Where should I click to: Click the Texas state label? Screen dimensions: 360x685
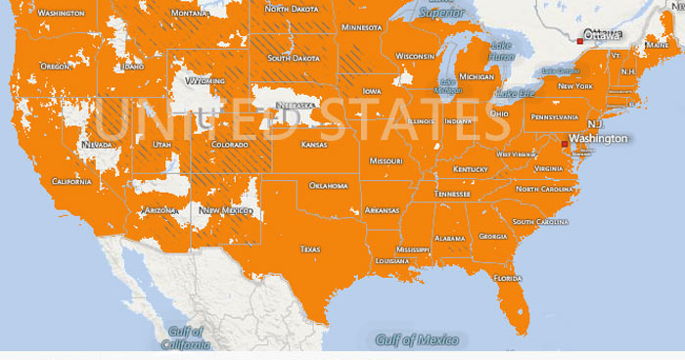point(310,248)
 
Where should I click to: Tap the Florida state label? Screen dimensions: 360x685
point(508,278)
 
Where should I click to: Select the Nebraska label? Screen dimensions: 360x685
point(295,106)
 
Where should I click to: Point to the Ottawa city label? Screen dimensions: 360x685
point(603,35)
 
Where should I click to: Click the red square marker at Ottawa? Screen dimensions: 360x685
point(580,41)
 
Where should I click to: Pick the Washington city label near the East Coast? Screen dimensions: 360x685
point(598,139)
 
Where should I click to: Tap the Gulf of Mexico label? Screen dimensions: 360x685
point(417,339)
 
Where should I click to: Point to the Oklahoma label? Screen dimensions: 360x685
point(328,185)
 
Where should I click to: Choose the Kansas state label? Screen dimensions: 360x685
point(314,145)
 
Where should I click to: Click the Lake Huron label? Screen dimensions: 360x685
point(501,51)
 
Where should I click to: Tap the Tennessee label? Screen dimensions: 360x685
point(452,194)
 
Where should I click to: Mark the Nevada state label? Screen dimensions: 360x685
point(97,145)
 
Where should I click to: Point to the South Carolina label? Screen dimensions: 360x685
point(537,222)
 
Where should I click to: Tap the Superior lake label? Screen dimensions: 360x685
point(442,13)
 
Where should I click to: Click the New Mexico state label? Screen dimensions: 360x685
point(221,210)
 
